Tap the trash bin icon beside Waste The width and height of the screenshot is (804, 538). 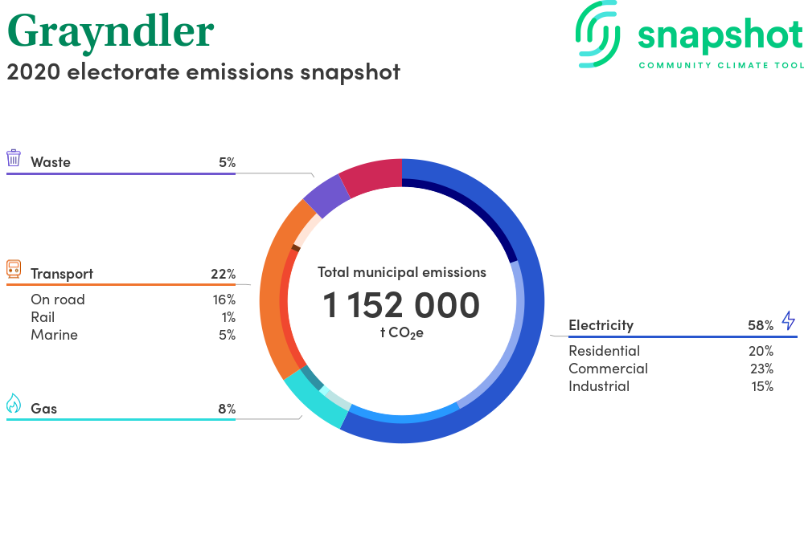(14, 158)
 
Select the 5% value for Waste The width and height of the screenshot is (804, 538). (228, 162)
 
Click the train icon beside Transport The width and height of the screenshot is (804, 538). (14, 269)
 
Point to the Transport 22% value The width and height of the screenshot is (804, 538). (223, 274)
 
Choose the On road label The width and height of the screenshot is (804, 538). (58, 300)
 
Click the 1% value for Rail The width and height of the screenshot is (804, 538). (228, 317)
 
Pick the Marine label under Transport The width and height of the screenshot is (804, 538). (55, 335)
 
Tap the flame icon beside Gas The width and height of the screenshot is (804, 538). (14, 403)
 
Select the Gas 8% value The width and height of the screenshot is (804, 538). (228, 409)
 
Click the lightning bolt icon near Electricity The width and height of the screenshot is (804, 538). (789, 320)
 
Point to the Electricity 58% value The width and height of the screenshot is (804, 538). (761, 325)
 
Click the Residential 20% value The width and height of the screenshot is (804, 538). (761, 351)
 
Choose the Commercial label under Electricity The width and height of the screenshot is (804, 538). (608, 369)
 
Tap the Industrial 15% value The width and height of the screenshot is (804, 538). (762, 386)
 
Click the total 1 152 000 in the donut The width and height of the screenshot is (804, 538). (401, 305)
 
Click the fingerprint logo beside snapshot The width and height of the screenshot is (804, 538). (598, 34)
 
